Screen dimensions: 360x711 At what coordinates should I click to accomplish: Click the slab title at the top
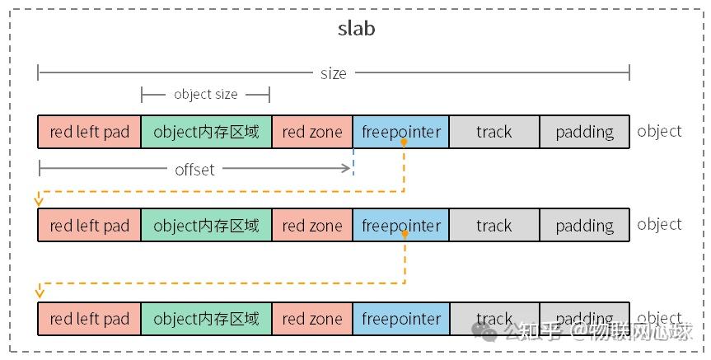356,28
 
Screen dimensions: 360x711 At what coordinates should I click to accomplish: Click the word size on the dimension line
333,73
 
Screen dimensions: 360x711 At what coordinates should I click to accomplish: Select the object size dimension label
205,95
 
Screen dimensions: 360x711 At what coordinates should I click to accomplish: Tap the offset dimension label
194,170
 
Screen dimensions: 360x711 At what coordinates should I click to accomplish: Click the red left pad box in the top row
89,132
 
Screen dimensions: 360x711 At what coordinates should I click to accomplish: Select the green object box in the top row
206,132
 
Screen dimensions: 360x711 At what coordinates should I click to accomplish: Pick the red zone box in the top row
311,132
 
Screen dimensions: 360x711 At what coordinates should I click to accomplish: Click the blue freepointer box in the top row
400,132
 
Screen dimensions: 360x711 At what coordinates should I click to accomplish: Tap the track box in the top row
494,132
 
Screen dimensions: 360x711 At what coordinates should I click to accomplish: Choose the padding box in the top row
584,132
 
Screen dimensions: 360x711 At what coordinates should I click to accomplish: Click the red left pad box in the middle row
89,225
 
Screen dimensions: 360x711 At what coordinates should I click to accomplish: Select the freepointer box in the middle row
400,225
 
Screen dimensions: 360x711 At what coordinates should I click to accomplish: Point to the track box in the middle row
494,225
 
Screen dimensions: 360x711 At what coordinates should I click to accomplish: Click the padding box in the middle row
584,225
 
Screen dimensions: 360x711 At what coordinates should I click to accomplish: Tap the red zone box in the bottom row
311,319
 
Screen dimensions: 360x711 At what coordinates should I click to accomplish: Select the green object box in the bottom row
206,319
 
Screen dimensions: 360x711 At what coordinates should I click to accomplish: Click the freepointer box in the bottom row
400,319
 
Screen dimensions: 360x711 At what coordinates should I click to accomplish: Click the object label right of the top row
659,131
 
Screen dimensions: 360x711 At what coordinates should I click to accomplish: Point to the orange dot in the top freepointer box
405,143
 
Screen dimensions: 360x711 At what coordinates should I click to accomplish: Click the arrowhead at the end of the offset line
348,169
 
